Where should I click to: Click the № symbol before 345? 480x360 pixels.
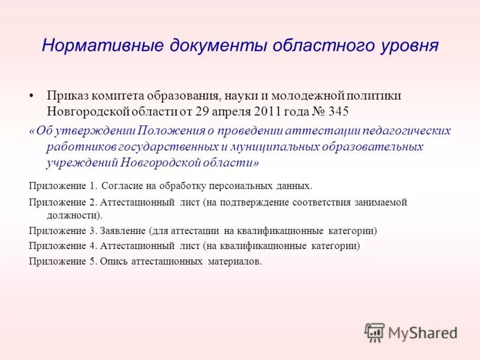tap(312, 112)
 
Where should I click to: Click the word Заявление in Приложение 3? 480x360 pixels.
tap(123, 230)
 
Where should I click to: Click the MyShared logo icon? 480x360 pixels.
tap(374, 332)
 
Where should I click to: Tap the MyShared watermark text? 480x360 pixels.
tap(422, 332)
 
